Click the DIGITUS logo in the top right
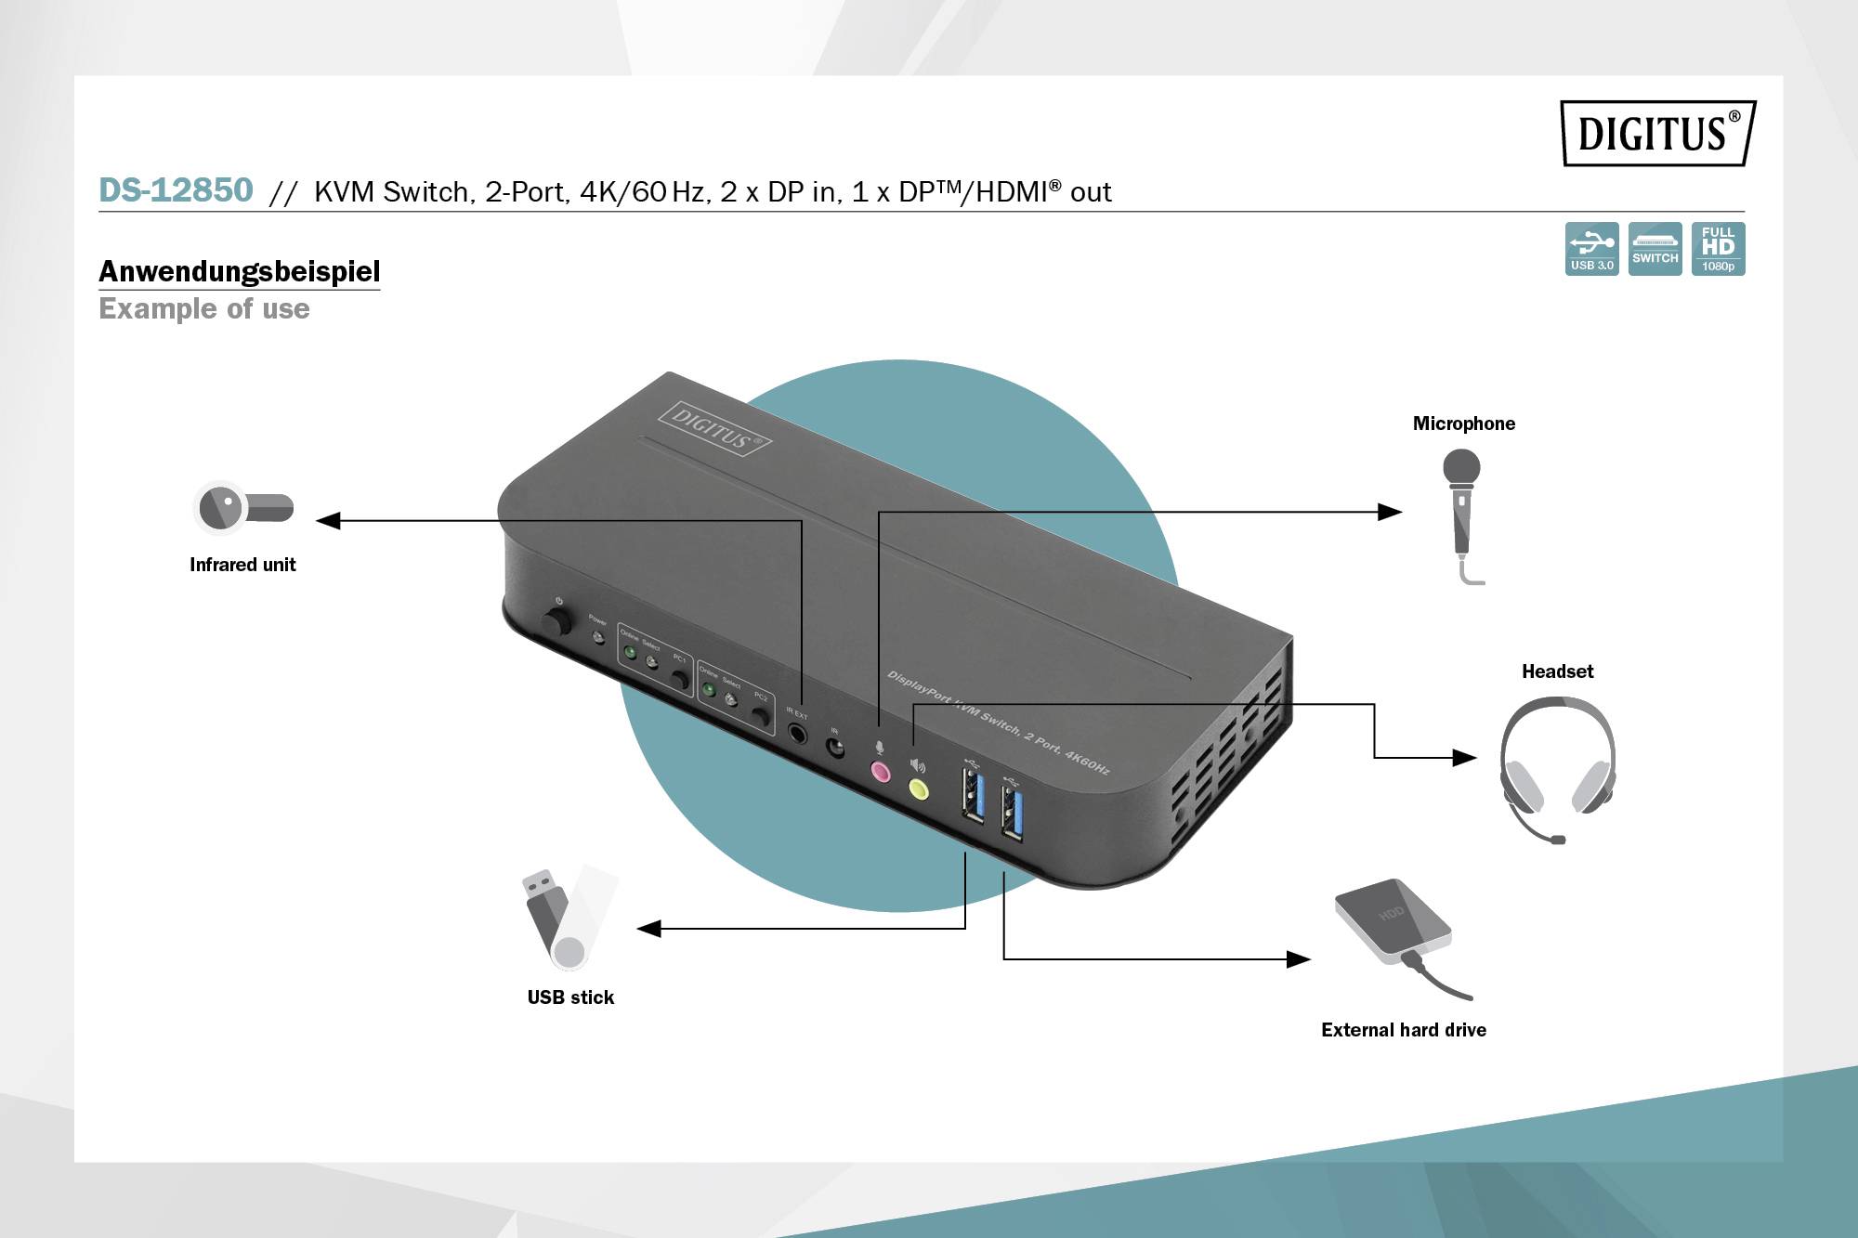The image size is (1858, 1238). pos(1657,133)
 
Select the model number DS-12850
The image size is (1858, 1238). pos(176,190)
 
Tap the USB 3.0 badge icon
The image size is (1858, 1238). pos(1591,248)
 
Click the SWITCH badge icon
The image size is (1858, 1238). pos(1655,248)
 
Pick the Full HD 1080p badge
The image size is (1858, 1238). pos(1718,248)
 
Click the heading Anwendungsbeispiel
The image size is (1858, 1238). pos(239,271)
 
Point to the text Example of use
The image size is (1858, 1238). pos(204,308)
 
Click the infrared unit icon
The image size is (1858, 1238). pos(242,507)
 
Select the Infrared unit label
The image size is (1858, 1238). pos(242,565)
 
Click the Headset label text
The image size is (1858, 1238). pos(1557,671)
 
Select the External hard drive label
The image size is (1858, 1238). pos(1403,1030)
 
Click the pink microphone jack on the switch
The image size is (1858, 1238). pos(880,771)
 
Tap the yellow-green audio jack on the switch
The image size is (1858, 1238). pos(918,789)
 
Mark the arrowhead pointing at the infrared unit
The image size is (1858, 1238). pos(328,521)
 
